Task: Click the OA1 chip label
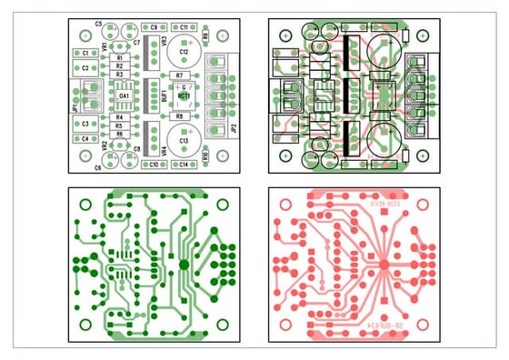coord(124,94)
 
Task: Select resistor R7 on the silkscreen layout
coord(180,75)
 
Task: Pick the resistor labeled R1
coord(119,58)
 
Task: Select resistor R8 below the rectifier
coord(180,116)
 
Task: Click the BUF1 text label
coord(165,94)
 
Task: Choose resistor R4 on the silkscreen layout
coord(119,117)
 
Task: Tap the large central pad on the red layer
coord(384,264)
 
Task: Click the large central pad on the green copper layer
coord(184,264)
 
